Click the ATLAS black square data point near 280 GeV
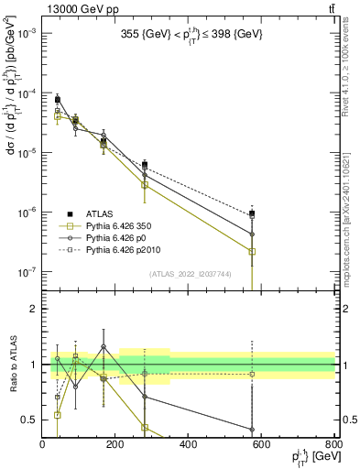tap(145, 165)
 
